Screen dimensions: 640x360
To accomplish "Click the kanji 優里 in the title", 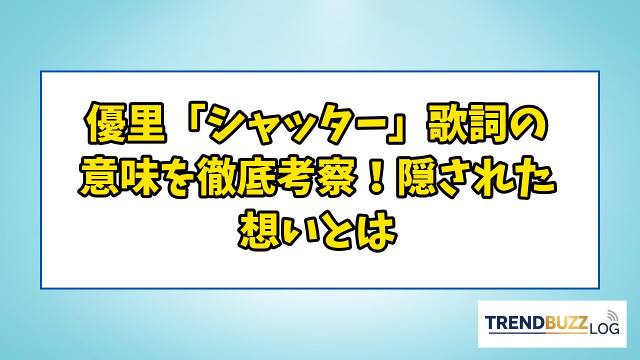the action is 125,123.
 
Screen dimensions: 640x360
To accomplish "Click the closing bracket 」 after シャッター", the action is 395,129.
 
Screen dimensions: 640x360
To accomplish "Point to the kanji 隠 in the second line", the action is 417,177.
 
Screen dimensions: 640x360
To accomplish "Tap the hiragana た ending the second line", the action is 536,177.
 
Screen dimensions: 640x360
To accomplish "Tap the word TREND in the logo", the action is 515,322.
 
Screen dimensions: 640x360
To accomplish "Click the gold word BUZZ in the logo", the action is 566,322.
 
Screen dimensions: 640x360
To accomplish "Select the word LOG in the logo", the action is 603,329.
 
